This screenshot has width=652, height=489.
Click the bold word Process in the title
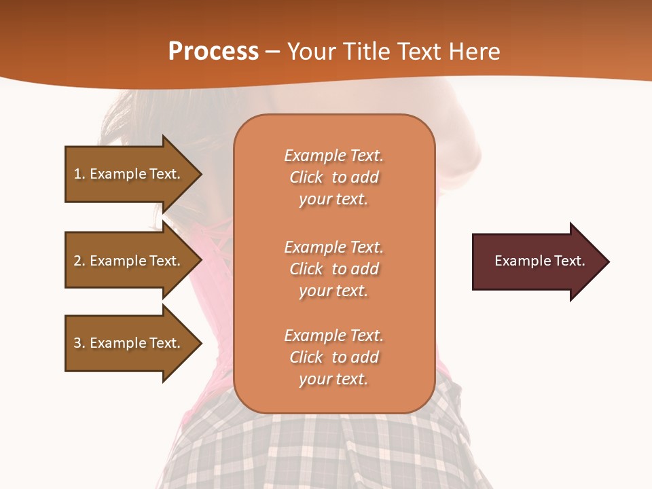(x=213, y=52)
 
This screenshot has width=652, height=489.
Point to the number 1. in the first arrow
(x=79, y=174)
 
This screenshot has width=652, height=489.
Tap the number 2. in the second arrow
(x=79, y=261)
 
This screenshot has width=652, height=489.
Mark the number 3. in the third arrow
(x=79, y=343)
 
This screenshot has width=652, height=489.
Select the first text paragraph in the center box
(x=333, y=177)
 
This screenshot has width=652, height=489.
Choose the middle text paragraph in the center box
(x=333, y=269)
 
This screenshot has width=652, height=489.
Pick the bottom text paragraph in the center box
(x=333, y=357)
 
